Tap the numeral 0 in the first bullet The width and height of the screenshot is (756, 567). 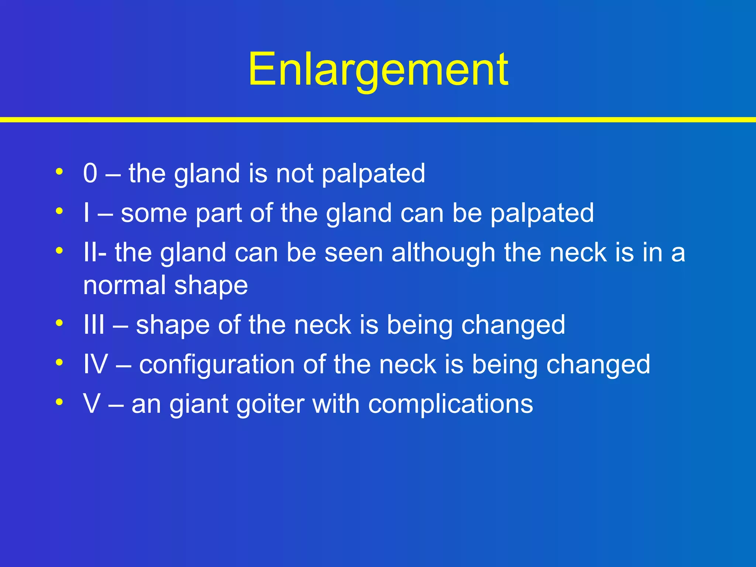coord(90,173)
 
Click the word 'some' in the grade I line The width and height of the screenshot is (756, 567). coord(154,213)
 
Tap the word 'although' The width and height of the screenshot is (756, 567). coord(443,253)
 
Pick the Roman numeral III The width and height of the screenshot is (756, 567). coord(94,325)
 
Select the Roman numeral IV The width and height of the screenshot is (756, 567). coord(96,364)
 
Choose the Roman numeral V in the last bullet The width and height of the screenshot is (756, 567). coord(92,404)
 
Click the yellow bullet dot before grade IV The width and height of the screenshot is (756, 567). coord(59,362)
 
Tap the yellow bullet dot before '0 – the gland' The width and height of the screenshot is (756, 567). coord(59,171)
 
